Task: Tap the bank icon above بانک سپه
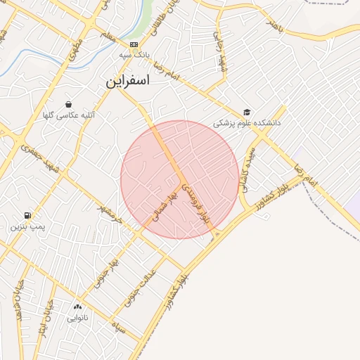(124, 44)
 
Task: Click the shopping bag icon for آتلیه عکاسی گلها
(68, 104)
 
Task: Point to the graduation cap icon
(246, 112)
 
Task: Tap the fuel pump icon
(27, 215)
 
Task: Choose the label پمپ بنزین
(27, 227)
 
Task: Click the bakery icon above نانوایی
(77, 307)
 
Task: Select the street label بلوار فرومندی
(196, 205)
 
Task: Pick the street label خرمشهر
(110, 210)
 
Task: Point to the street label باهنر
(273, 25)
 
